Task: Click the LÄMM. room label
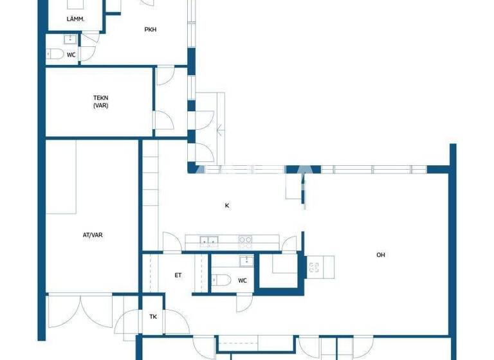tap(75, 19)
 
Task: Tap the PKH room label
tap(151, 29)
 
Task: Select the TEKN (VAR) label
tap(100, 102)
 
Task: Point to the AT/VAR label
tap(93, 235)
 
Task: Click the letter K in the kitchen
tap(227, 206)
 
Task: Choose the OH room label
tap(381, 255)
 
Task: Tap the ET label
tap(178, 275)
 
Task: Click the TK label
tap(153, 317)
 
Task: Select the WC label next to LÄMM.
tap(71, 55)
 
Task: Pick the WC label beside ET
tap(242, 280)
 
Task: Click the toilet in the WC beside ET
tap(220, 280)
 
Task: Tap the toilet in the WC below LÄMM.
tap(55, 55)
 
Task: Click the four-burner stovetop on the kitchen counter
tap(245, 242)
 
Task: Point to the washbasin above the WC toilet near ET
tap(244, 260)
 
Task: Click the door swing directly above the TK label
tap(132, 320)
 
